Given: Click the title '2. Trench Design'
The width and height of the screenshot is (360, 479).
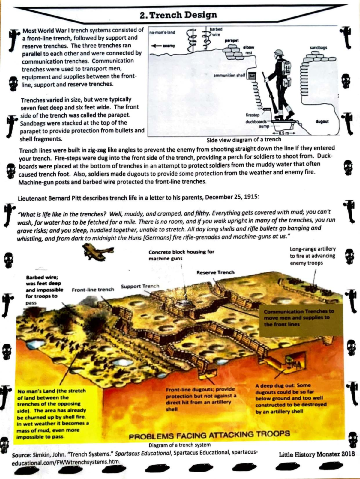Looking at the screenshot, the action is click(x=178, y=15).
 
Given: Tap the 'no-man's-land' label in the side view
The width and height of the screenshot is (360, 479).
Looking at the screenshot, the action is click(x=162, y=32).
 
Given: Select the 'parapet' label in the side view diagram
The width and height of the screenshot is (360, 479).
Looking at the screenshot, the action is click(x=232, y=40).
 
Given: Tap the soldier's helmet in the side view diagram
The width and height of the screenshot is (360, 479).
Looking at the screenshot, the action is click(x=279, y=52).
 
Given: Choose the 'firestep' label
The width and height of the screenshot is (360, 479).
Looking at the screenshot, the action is click(x=253, y=115).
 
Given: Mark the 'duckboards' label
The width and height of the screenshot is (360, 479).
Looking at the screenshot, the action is click(x=256, y=122).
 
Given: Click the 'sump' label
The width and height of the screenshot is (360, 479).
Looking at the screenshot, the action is click(x=264, y=126).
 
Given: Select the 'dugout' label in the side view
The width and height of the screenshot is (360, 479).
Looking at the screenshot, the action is click(x=322, y=122).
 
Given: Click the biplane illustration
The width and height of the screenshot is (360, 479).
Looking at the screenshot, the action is click(x=98, y=252).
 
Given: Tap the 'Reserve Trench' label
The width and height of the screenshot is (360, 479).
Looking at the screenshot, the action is click(x=215, y=272).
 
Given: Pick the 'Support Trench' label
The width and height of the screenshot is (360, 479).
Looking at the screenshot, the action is click(x=140, y=286).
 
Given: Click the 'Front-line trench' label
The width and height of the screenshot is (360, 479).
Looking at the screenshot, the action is click(x=93, y=290).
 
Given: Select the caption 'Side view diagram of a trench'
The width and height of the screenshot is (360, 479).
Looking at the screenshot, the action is click(x=244, y=140).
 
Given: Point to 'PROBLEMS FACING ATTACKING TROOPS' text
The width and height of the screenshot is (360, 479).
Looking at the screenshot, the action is click(x=209, y=435).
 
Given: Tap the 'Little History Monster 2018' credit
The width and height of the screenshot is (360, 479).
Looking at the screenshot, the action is click(x=317, y=454).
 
